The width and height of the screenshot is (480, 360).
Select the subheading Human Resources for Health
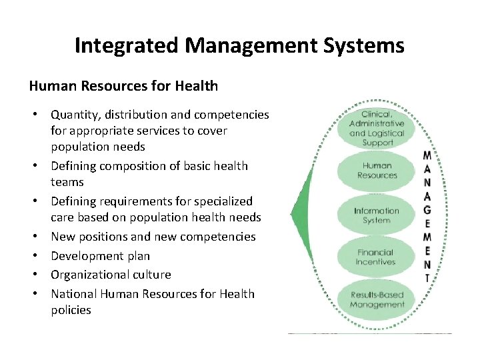point(123,85)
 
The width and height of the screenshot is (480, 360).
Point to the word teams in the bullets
point(67,181)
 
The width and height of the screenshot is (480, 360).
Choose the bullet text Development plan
point(101,255)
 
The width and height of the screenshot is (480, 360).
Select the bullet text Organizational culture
point(111,274)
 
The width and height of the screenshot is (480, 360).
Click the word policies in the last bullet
point(71,309)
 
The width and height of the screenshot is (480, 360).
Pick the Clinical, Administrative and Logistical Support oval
point(377,129)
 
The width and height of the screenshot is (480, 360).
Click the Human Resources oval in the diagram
point(377,171)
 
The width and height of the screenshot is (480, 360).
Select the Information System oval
point(377,215)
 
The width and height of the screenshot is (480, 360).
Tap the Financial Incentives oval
point(377,257)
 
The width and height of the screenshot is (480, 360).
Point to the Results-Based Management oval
point(377,299)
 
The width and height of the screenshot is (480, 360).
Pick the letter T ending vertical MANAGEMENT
point(427,278)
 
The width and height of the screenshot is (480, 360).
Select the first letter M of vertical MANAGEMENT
point(427,156)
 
